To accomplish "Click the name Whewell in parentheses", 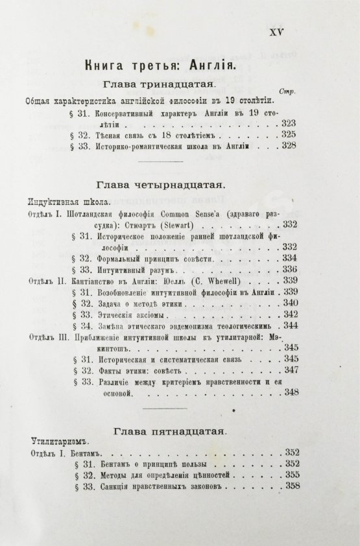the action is tap(228, 281).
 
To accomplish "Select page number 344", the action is tap(289, 326).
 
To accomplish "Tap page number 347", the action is tap(289, 370).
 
